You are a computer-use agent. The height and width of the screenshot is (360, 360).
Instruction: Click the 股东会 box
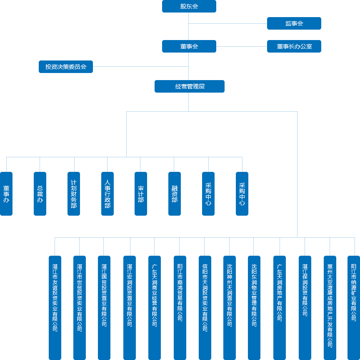189,6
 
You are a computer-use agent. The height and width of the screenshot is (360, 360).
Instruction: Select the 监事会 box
294,23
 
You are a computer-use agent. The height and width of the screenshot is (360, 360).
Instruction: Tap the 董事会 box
189,46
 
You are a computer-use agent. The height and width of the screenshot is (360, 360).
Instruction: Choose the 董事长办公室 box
294,46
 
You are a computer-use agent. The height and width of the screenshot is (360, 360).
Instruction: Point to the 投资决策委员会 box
66,67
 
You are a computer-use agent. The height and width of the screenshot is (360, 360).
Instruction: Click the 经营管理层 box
189,86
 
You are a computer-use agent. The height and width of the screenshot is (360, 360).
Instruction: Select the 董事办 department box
6,194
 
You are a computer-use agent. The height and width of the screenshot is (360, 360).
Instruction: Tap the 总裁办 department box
40,194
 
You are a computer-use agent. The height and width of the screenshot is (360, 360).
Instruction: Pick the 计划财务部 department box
74,194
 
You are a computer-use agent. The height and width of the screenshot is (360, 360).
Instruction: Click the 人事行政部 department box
107,194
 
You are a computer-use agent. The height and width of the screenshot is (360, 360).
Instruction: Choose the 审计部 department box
141,194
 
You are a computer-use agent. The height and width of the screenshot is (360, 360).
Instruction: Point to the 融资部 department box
175,194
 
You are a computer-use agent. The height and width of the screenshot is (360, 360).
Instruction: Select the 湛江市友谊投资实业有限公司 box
55,307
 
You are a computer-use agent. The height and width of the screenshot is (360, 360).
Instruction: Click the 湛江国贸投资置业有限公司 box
104,307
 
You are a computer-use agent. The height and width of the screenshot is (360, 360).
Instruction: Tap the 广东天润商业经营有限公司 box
155,307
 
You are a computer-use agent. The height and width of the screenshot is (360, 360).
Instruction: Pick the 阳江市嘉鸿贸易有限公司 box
180,307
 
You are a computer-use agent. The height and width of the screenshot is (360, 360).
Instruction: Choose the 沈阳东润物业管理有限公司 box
254,307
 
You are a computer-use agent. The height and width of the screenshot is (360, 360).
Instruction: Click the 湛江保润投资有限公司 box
305,307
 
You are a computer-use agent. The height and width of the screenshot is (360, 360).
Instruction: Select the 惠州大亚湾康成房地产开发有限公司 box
330,307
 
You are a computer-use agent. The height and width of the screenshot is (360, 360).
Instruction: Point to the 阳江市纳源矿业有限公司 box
354,307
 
